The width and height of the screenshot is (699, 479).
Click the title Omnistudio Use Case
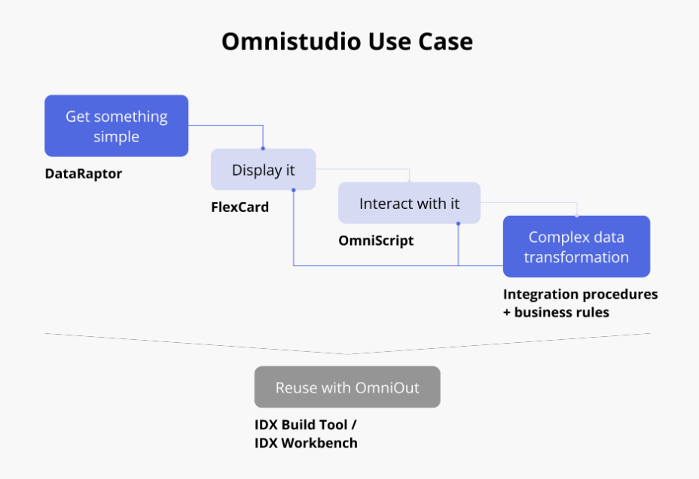click(347, 41)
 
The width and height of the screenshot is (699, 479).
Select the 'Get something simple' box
click(116, 126)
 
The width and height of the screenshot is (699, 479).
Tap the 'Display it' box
click(263, 170)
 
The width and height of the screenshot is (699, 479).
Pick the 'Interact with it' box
click(409, 203)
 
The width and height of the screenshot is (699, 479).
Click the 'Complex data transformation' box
click(576, 247)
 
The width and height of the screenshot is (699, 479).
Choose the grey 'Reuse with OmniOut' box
click(347, 387)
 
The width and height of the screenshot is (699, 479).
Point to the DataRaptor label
click(83, 174)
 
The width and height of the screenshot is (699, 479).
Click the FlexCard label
click(240, 207)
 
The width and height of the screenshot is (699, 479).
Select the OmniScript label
click(376, 241)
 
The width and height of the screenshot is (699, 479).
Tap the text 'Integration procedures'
click(580, 293)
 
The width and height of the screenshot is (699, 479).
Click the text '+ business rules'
click(556, 311)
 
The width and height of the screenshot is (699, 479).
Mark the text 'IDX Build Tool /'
click(305, 424)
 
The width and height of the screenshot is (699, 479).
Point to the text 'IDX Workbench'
click(306, 443)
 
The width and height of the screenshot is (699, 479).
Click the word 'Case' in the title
click(444, 41)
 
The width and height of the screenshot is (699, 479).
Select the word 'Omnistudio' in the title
click(283, 41)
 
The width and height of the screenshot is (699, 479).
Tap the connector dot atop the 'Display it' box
click(263, 149)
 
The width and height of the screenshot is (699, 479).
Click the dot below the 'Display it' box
click(293, 190)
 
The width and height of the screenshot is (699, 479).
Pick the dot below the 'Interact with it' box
click(458, 223)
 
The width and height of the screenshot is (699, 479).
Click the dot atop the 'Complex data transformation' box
click(577, 216)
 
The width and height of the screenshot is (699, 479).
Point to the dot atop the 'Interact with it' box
click(409, 182)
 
